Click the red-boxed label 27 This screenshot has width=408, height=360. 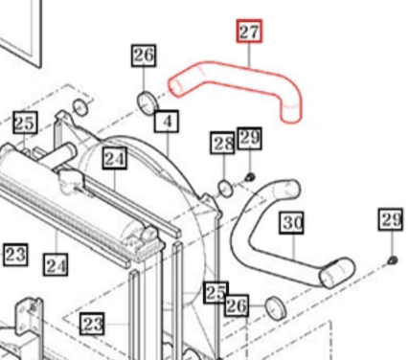pos(249,33)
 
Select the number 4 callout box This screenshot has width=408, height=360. pos(168,122)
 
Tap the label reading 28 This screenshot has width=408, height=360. pos(224,145)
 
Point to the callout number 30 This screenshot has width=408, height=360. pos(292,223)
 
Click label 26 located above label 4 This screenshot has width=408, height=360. pos(144,56)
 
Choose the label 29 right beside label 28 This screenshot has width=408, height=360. pos(249,139)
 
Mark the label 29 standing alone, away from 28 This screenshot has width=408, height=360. pos(391,221)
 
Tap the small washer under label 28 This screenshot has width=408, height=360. pos(224,186)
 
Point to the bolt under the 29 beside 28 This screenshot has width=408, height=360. pos(249,176)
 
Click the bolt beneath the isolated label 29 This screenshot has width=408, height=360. pos(392,260)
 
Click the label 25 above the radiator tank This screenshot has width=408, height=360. pos(25,123)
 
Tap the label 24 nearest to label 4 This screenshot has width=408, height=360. pos(115,159)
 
